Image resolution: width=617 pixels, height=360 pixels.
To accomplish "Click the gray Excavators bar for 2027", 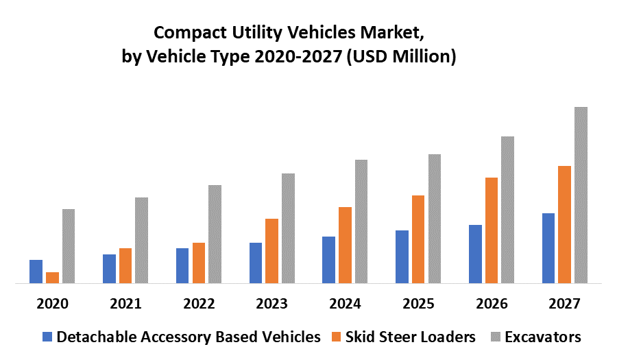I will (581, 195).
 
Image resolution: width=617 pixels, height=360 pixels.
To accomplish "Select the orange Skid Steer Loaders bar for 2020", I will (52, 277).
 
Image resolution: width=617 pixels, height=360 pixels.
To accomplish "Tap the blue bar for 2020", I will (36, 271).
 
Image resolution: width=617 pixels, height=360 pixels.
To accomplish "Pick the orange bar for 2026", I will (492, 230).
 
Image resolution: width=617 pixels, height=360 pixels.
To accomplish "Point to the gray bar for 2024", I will (361, 221).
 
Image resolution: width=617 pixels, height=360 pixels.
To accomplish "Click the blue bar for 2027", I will (548, 248).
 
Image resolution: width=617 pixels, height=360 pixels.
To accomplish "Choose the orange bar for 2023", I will (271, 250).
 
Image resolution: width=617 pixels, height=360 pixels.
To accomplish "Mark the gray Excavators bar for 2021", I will (141, 240).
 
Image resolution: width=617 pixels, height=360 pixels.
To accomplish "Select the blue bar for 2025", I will (402, 256).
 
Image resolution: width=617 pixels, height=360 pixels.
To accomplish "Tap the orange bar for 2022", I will (199, 263).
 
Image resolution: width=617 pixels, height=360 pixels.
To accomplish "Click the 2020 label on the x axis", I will (53, 304).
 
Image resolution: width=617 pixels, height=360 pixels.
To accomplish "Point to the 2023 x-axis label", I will (272, 304).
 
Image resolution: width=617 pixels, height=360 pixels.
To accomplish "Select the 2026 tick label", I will (492, 304).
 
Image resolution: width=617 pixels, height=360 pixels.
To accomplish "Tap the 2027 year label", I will (565, 304).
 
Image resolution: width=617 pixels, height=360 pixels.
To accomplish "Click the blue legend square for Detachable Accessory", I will (47, 337).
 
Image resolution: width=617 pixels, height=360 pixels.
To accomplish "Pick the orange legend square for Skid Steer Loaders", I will (336, 337).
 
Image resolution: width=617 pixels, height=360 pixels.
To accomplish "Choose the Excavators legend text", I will (543, 337).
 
